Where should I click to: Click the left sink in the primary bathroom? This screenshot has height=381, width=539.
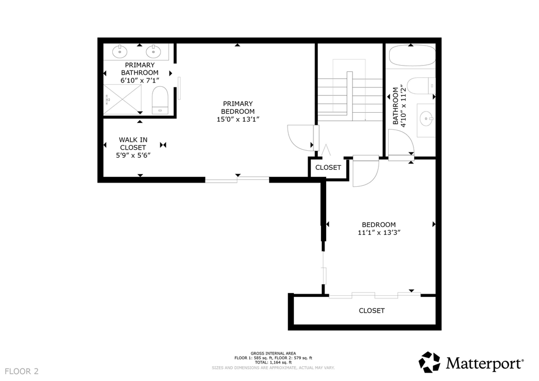[x=121, y=51]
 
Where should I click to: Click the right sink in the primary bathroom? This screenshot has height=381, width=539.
[x=154, y=51]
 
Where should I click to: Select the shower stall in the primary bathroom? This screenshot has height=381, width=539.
[x=123, y=99]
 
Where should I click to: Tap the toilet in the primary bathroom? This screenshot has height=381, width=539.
[x=160, y=101]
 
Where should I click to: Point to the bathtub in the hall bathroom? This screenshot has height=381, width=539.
[x=412, y=56]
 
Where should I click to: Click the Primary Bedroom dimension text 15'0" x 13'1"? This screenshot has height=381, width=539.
[x=238, y=119]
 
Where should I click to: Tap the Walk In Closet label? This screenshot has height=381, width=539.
[x=133, y=143]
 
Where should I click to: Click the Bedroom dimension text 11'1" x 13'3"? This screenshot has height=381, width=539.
[x=378, y=232]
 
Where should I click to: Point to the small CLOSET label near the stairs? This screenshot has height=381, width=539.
[x=328, y=168]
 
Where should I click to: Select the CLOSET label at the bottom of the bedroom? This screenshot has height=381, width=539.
[x=372, y=311]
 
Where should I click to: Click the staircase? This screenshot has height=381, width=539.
[x=350, y=95]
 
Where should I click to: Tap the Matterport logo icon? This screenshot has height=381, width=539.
[x=429, y=362]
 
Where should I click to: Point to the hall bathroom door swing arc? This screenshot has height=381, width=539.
[x=401, y=141]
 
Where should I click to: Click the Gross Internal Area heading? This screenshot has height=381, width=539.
[x=273, y=353]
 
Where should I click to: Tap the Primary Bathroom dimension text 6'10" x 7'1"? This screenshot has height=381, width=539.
[x=140, y=80]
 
